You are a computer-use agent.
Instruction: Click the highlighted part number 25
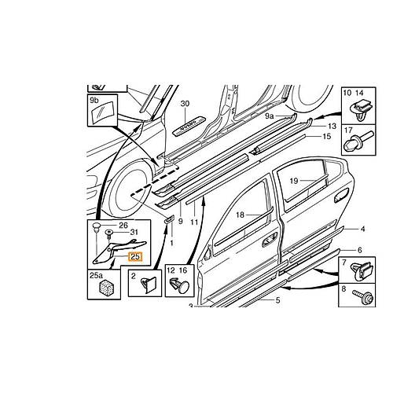[x=135, y=257]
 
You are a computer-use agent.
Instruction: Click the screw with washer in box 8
[x=362, y=296]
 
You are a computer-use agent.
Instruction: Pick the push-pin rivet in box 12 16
[x=180, y=286]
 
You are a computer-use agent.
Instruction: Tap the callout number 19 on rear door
[x=294, y=181]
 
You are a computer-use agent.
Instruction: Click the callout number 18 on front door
[x=241, y=215]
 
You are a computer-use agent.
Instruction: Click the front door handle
[x=270, y=240]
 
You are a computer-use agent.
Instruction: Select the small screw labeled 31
[x=108, y=233]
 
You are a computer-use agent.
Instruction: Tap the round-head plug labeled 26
[x=97, y=226]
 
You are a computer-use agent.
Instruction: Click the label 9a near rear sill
[x=269, y=116]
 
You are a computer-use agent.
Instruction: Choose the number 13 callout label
[x=332, y=126]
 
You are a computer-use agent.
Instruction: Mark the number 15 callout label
[x=327, y=136]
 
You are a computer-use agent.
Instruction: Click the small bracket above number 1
[x=169, y=219]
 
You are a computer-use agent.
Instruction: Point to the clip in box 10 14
[x=359, y=111]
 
